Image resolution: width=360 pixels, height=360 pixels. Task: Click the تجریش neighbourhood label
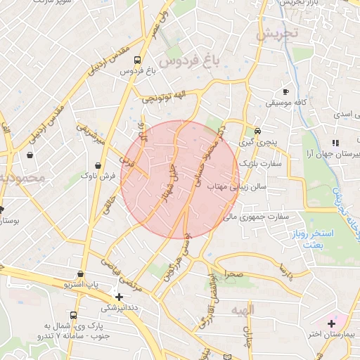278,32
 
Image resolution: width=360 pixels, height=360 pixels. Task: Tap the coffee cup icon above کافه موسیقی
285,92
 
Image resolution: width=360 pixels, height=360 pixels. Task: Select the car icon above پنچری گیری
258,131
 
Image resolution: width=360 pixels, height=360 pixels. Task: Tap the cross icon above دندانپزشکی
119,296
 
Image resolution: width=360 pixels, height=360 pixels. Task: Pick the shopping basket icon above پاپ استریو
81,274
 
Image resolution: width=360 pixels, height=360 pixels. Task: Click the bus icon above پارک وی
73,315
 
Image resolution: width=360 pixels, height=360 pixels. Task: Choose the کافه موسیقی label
285,103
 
